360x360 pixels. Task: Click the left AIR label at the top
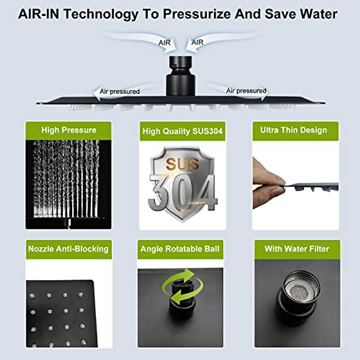164,43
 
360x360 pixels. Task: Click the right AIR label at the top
197,43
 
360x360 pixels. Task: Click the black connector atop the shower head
181,75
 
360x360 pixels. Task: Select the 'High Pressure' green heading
69,130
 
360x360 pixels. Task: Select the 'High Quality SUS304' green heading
182,131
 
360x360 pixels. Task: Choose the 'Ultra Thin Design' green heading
293,130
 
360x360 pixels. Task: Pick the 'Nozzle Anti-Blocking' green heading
68,249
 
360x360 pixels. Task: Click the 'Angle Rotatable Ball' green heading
180,249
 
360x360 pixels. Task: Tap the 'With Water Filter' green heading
297,249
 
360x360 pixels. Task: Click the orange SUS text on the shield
182,164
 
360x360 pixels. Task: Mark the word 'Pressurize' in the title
198,14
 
